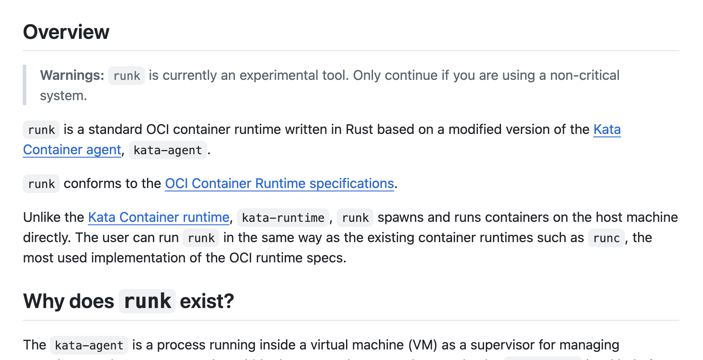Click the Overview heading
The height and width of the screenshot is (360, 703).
pyautogui.click(x=66, y=32)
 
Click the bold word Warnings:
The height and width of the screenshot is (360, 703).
pyautogui.click(x=72, y=75)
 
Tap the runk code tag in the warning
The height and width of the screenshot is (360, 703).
pyautogui.click(x=126, y=76)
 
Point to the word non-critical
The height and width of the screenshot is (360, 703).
pyautogui.click(x=584, y=75)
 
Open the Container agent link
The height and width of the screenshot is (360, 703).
pyautogui.click(x=72, y=150)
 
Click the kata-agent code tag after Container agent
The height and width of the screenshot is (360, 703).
pyautogui.click(x=168, y=150)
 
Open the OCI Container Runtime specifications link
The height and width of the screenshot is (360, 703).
pyautogui.click(x=279, y=183)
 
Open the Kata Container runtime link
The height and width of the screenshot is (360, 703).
pyautogui.click(x=158, y=217)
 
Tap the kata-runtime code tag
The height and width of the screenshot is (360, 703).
pyautogui.click(x=283, y=218)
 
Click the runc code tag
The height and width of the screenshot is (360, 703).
pyautogui.click(x=606, y=238)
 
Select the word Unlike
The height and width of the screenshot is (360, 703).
pyautogui.click(x=42, y=217)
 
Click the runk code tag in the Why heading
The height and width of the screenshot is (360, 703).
pyautogui.click(x=147, y=301)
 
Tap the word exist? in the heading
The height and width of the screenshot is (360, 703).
pyautogui.click(x=207, y=301)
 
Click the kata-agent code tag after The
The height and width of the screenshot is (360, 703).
pyautogui.click(x=89, y=345)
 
